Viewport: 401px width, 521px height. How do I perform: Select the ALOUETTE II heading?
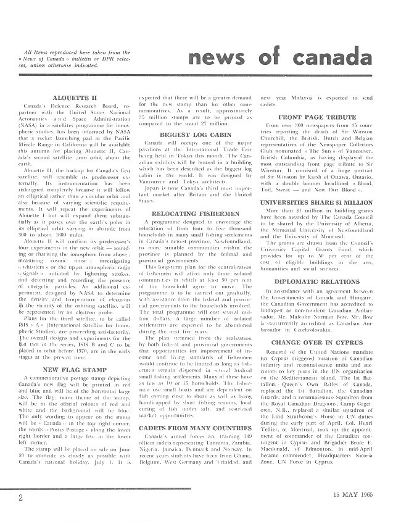[x=71, y=98]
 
